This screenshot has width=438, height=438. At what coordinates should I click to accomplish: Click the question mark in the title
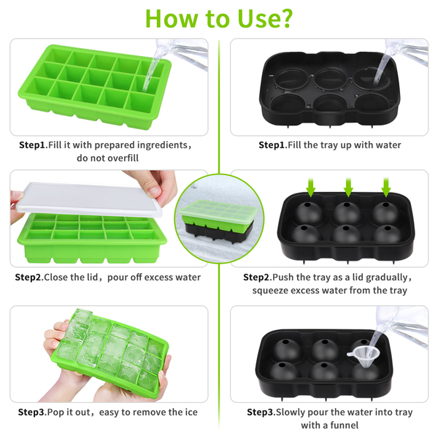285,18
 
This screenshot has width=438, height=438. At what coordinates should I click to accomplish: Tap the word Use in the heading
257,18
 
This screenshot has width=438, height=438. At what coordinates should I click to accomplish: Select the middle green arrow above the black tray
348,187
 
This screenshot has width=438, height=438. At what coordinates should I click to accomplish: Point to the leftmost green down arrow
311,187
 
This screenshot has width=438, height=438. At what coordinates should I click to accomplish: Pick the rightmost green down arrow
386,187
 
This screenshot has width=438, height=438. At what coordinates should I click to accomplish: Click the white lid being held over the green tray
89,200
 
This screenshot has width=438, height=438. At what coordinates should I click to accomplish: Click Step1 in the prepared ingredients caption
32,145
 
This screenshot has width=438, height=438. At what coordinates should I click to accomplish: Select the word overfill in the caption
123,158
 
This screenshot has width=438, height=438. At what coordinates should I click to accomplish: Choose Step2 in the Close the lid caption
28,277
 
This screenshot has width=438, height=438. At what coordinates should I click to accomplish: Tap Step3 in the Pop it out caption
31,412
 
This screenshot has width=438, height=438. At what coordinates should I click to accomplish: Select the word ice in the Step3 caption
191,412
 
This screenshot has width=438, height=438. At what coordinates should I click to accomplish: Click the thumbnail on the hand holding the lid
155,191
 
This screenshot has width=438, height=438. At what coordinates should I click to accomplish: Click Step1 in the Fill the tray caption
272,145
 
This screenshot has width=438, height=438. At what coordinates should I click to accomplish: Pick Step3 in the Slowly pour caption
260,412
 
